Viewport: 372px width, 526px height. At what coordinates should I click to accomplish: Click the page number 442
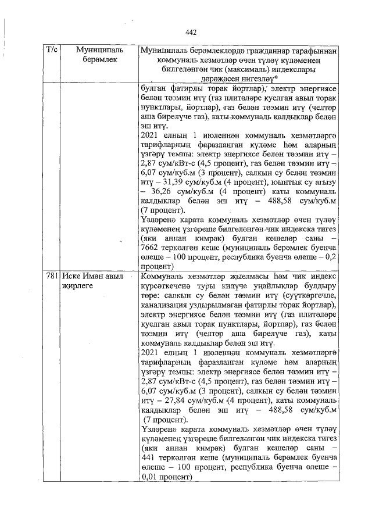click(192, 33)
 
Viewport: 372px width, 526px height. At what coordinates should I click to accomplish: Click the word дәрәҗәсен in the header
click(219, 78)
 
